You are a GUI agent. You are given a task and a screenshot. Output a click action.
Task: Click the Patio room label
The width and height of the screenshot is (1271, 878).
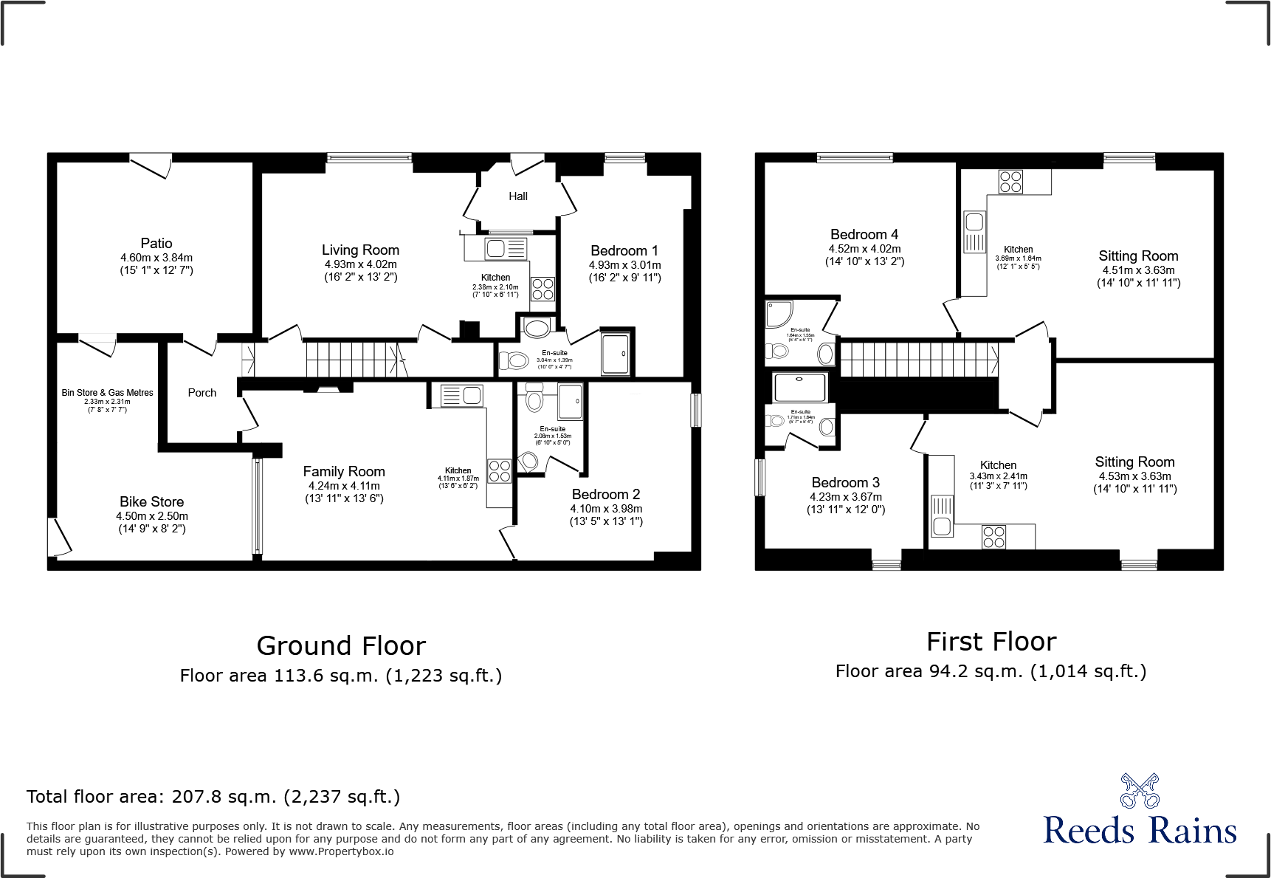[x=156, y=243]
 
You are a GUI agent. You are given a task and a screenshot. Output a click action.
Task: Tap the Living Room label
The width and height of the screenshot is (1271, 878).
[x=360, y=250]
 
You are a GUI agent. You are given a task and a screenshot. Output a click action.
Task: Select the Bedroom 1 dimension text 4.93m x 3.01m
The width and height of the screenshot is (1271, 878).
[x=624, y=265]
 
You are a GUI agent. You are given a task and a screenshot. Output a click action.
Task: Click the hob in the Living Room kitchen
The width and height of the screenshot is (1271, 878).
[x=542, y=289]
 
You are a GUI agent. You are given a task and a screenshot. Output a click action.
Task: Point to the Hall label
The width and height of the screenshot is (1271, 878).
[x=518, y=196]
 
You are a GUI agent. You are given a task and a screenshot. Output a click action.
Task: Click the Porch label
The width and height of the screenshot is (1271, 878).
[x=202, y=393]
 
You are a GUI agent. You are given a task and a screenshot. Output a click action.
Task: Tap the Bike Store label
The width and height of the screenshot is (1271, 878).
[x=152, y=501]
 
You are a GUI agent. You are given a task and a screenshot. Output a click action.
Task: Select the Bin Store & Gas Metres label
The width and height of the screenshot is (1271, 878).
[x=107, y=393]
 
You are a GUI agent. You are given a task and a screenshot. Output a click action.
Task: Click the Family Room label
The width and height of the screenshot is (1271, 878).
[x=344, y=471]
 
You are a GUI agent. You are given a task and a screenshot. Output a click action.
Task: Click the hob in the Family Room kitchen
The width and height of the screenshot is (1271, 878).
[x=500, y=471]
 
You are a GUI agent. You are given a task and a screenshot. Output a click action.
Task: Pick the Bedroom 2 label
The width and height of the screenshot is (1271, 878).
[x=606, y=494]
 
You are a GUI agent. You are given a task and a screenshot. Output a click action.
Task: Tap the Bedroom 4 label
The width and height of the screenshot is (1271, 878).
[x=864, y=234]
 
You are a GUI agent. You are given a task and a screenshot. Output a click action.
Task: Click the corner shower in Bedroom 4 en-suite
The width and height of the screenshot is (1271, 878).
[x=779, y=313]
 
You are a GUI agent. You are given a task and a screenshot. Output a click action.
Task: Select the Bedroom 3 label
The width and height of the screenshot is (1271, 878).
[x=846, y=482]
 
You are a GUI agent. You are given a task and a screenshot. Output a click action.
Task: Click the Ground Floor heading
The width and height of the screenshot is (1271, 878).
[x=341, y=646]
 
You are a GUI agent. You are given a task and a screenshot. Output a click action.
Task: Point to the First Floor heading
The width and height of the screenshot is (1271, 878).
[x=991, y=642]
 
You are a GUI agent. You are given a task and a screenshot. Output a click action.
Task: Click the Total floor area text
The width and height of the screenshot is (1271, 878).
[x=213, y=797]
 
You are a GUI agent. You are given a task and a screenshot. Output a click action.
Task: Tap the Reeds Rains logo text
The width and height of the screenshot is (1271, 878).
[x=1140, y=831]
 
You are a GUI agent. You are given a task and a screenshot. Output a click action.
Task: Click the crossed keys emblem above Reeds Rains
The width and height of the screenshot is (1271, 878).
[x=1140, y=790]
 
